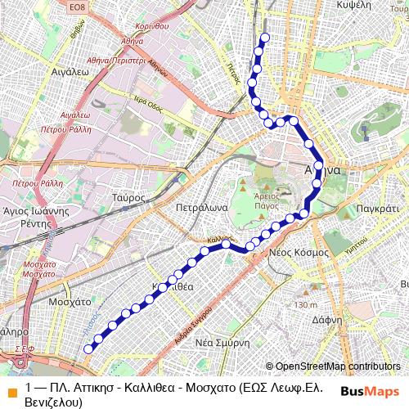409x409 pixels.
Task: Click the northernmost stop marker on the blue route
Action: [263, 39]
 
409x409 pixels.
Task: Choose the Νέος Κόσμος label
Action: [299, 252]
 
